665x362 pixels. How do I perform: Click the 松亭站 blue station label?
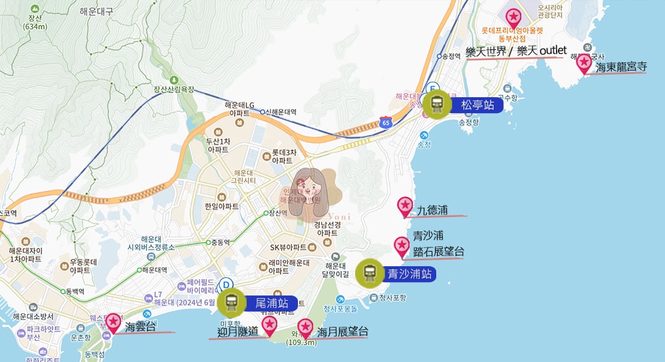[x=477, y=104]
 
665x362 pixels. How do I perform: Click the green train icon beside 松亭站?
[x=437, y=103]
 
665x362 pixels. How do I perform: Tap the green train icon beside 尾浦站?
[x=231, y=303]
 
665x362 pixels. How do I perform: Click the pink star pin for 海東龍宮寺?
[x=584, y=63]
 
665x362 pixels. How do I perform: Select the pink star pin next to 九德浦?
[x=405, y=206]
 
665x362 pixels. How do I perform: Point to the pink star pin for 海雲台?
[x=113, y=323]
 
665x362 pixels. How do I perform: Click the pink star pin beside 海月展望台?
[x=305, y=327]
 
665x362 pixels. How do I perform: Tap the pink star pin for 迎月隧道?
[x=269, y=325]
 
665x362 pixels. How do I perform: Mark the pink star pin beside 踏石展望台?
[x=402, y=246]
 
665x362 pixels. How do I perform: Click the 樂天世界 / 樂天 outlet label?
[x=515, y=51]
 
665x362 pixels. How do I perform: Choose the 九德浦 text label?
[x=432, y=210]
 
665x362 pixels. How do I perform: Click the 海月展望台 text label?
[x=342, y=331]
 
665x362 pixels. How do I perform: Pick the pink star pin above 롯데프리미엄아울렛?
[x=513, y=17]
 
